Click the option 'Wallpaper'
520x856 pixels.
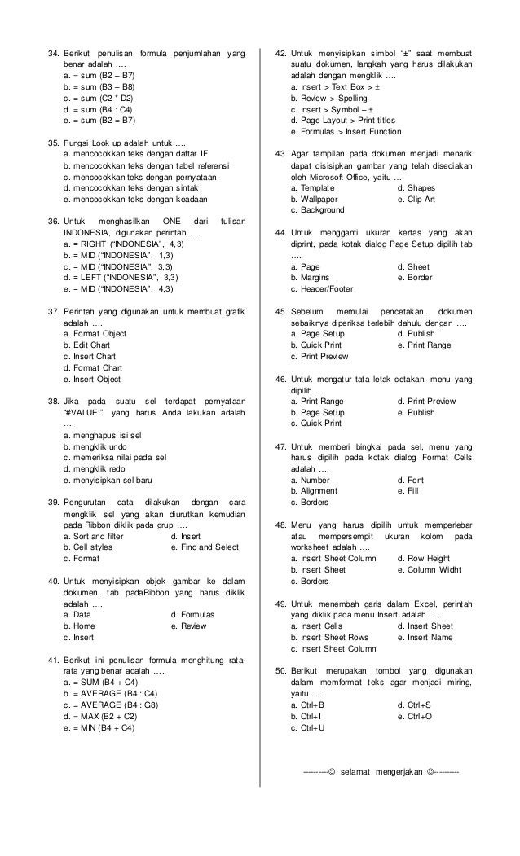pyautogui.click(x=319, y=198)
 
